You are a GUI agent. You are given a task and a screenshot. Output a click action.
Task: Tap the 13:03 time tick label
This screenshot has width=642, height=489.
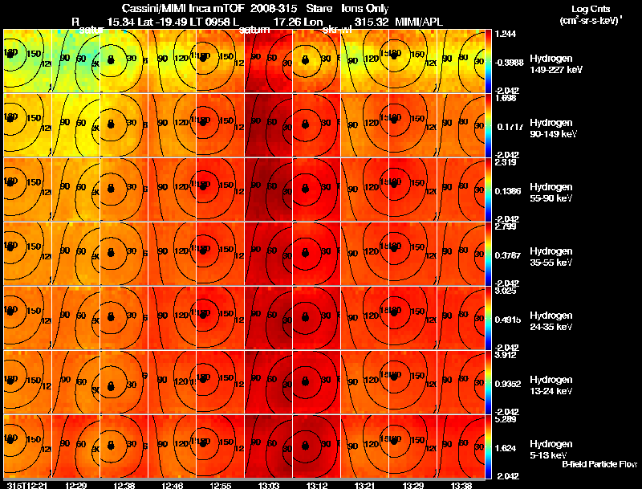269,485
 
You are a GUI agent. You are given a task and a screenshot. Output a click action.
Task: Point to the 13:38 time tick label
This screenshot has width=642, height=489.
461,485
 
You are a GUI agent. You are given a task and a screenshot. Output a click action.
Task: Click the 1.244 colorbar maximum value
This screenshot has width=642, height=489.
506,34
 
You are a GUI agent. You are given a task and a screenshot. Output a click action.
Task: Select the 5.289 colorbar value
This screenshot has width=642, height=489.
506,419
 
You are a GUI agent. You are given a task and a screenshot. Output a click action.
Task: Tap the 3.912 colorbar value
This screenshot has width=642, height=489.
506,355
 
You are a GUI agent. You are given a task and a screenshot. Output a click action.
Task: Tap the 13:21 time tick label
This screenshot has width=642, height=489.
365,485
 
